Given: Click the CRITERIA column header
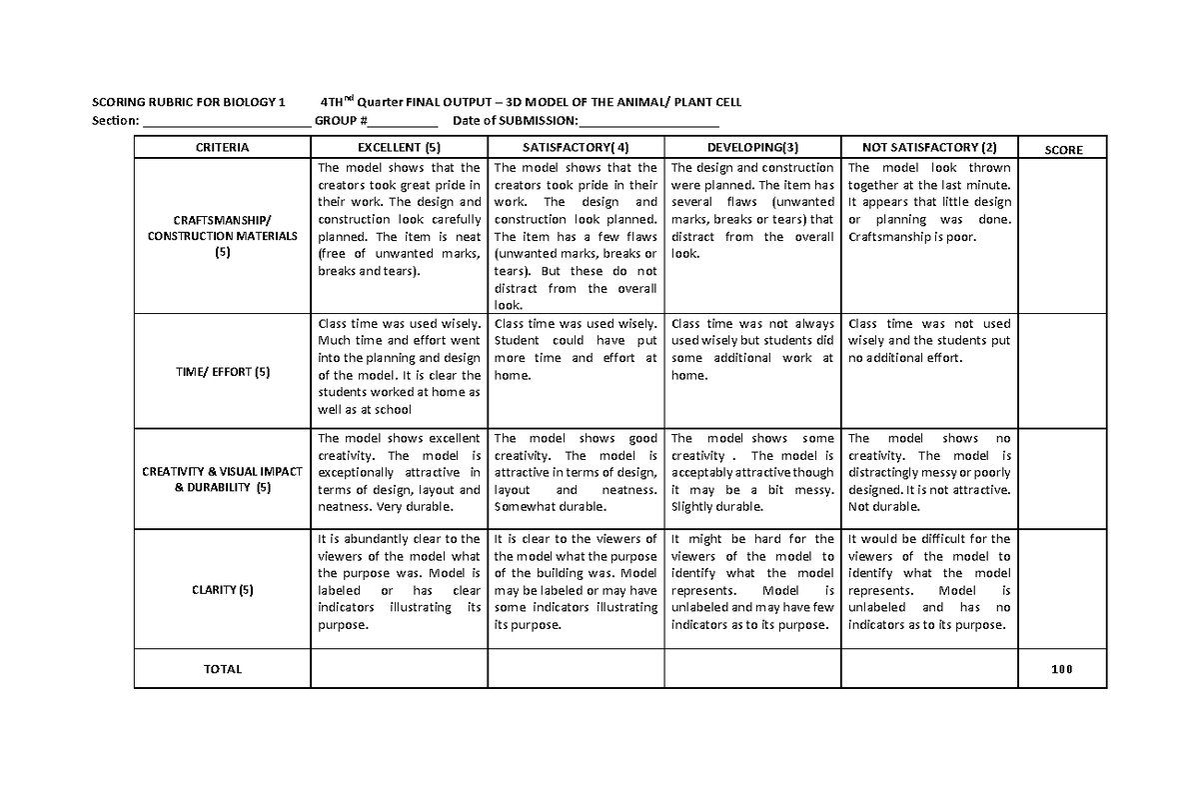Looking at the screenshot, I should pos(222,148).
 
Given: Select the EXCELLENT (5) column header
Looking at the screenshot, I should pos(399,148).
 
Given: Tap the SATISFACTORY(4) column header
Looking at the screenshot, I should pos(576,148).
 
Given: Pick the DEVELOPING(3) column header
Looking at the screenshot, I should pos(752,148).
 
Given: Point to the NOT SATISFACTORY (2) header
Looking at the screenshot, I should pos(929,148).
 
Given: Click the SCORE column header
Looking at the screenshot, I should pos(1062,149).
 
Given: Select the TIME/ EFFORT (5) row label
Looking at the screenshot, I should pos(222,373).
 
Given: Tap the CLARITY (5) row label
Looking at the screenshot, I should pos(222,590).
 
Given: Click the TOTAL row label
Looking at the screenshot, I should pos(222,669).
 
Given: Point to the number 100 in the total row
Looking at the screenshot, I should pos(1062,669).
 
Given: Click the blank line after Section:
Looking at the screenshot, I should pos(227,122).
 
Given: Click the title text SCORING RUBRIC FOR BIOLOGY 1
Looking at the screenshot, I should pos(189,102).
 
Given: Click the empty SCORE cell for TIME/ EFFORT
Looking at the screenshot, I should pos(1062,373).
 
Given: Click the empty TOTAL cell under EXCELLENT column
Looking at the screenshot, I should pos(399,669).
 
